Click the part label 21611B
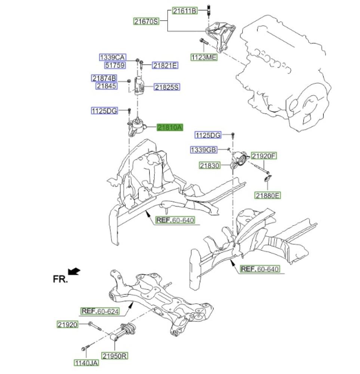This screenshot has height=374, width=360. [x=184, y=11]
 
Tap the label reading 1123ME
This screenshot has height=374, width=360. [x=204, y=57]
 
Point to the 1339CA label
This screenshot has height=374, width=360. [x=112, y=57]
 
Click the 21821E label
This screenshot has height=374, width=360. [x=165, y=65]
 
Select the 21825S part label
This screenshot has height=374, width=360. [x=167, y=87]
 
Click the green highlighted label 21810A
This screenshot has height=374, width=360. [x=170, y=128]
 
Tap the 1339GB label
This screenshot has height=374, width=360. [x=204, y=150]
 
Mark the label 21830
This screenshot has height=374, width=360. [x=210, y=165]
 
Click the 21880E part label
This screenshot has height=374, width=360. [x=268, y=195]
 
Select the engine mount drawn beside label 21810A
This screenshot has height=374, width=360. [x=137, y=128]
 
